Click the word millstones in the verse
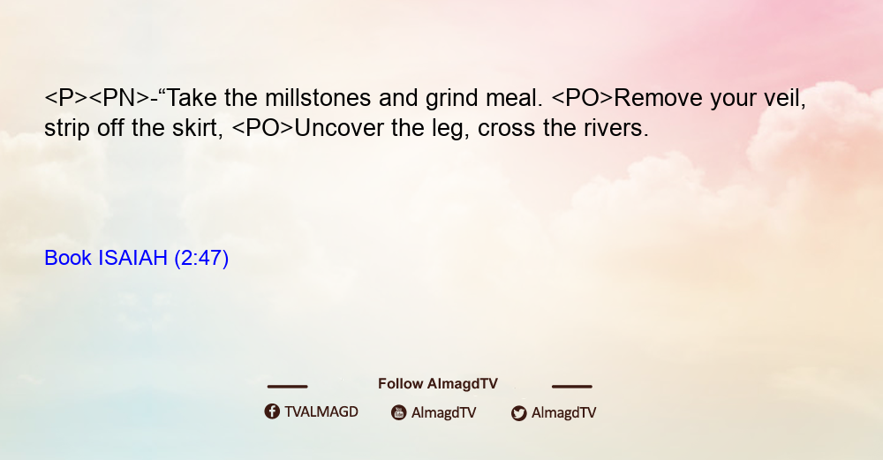pyautogui.click(x=318, y=98)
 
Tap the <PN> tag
pyautogui.click(x=120, y=98)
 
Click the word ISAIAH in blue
pyautogui.click(x=133, y=258)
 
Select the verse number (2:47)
pyautogui.click(x=201, y=259)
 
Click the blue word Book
pyautogui.click(x=68, y=258)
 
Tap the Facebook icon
pyautogui.click(x=272, y=411)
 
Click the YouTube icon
pyautogui.click(x=399, y=412)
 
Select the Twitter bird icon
pyautogui.click(x=518, y=413)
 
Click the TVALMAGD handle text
pyautogui.click(x=321, y=411)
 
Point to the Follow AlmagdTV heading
pyautogui.click(x=438, y=383)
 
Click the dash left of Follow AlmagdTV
pyautogui.click(x=287, y=386)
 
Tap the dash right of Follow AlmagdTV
pyautogui.click(x=572, y=386)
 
